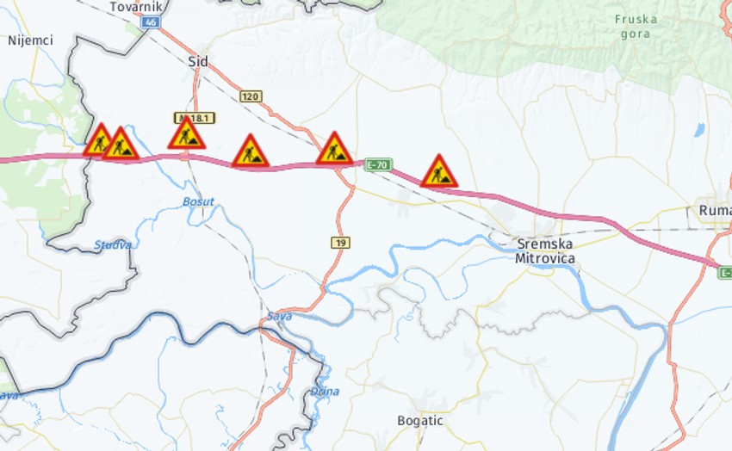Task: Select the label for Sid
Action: (x=198, y=62)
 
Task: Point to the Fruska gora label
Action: (x=636, y=26)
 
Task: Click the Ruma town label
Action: (x=715, y=211)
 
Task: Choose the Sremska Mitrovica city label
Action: (x=545, y=250)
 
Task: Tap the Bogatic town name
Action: (x=420, y=421)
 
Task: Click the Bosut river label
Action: (x=198, y=202)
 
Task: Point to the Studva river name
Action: (x=113, y=245)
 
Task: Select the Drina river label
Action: (x=325, y=392)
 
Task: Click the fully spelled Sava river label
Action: (x=279, y=317)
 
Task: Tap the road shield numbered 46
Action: (x=152, y=22)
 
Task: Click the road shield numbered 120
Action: (x=251, y=96)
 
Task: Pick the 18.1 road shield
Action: (x=194, y=117)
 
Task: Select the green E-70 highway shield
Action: (x=378, y=164)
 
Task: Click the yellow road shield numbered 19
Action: (x=340, y=243)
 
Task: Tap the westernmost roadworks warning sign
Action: (x=99, y=140)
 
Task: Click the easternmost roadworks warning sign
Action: (x=439, y=172)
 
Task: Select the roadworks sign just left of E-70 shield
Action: (x=334, y=149)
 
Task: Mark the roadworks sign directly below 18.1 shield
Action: (x=186, y=134)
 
